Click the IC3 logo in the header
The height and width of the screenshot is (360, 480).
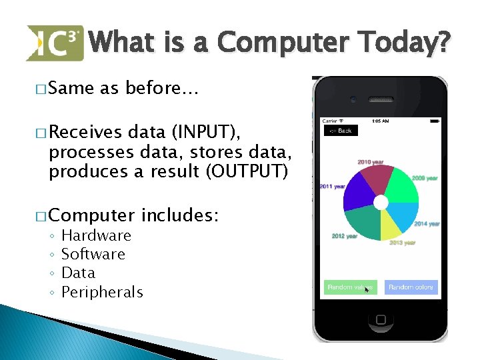click(x=55, y=43)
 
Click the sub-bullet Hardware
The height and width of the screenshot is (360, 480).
click(x=96, y=235)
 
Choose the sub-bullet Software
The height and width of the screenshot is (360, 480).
click(x=93, y=254)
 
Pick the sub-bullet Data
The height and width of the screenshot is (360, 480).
click(x=78, y=273)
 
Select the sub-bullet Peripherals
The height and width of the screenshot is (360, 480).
click(x=102, y=292)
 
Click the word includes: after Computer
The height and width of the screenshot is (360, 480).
click(x=181, y=216)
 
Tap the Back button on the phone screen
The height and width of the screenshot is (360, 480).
click(x=341, y=131)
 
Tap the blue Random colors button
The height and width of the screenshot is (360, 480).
click(x=411, y=287)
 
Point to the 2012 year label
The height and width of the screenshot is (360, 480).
click(x=344, y=237)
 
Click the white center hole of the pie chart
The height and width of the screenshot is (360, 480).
click(x=381, y=202)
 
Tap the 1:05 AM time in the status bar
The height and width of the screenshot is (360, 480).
click(x=380, y=121)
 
